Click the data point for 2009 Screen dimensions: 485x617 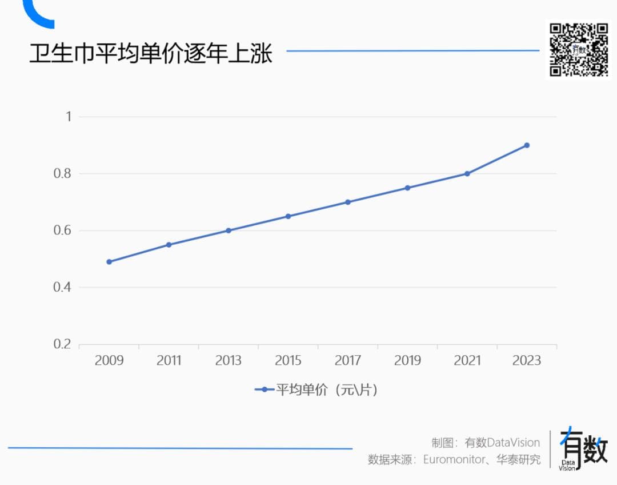tap(109, 262)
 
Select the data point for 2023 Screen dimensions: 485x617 tap(527, 145)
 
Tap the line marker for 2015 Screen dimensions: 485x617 tap(288, 216)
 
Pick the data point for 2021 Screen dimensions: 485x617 tap(467, 173)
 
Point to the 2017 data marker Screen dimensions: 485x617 tap(348, 202)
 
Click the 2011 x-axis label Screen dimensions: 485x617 tap(169, 360)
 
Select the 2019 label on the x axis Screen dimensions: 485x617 tap(407, 360)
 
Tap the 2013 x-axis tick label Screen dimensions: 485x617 tap(229, 360)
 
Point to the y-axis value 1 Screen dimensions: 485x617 tap(69, 117)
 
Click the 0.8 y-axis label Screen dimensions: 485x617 tap(62, 173)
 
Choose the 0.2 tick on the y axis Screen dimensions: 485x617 tap(62, 344)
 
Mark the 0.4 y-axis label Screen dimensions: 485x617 tap(62, 287)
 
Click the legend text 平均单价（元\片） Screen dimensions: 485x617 tap(327, 390)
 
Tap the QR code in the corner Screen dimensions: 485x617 tap(579, 49)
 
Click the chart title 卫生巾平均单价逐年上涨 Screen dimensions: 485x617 tap(151, 53)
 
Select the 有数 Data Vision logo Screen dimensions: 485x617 tap(582, 449)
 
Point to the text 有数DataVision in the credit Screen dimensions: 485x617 tap(502, 443)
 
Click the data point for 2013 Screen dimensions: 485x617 tap(229, 230)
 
